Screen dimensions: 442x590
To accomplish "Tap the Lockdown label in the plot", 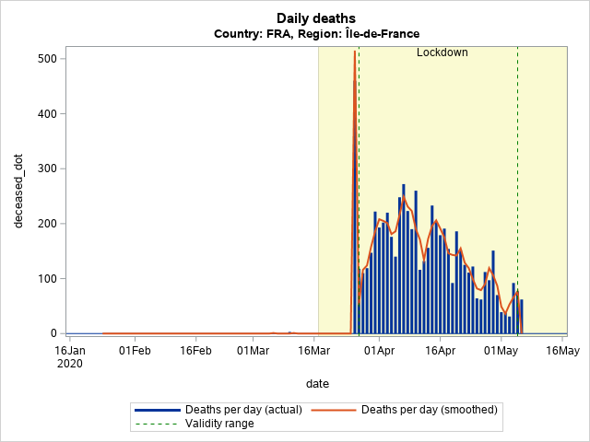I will pyautogui.click(x=442, y=52).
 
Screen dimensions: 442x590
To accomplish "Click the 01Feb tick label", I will pyautogui.click(x=135, y=350).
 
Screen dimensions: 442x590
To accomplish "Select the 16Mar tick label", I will pyautogui.click(x=314, y=350).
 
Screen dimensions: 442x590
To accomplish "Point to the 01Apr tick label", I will pyautogui.click(x=380, y=350).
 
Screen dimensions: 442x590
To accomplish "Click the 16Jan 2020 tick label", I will pyautogui.click(x=69, y=356).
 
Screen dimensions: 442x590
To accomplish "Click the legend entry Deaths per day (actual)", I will pyautogui.click(x=231, y=410).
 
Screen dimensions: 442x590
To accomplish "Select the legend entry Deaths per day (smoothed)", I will pyautogui.click(x=429, y=410).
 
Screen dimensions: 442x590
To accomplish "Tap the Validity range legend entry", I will pyautogui.click(x=219, y=424).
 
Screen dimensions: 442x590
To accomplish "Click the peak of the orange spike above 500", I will pyautogui.click(x=354, y=52).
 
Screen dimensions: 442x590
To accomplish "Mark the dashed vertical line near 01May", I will pyautogui.click(x=517, y=184).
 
